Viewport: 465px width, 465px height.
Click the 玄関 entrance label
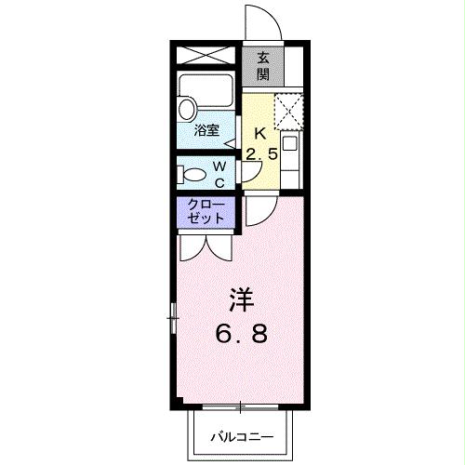click(262, 63)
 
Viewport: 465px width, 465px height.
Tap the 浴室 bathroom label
click(206, 131)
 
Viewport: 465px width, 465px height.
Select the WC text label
click(219, 173)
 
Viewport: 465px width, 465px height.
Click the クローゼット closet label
click(206, 212)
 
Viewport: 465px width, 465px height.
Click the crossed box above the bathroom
click(207, 53)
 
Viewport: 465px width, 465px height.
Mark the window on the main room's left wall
click(173, 319)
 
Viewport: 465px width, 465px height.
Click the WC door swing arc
click(248, 173)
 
